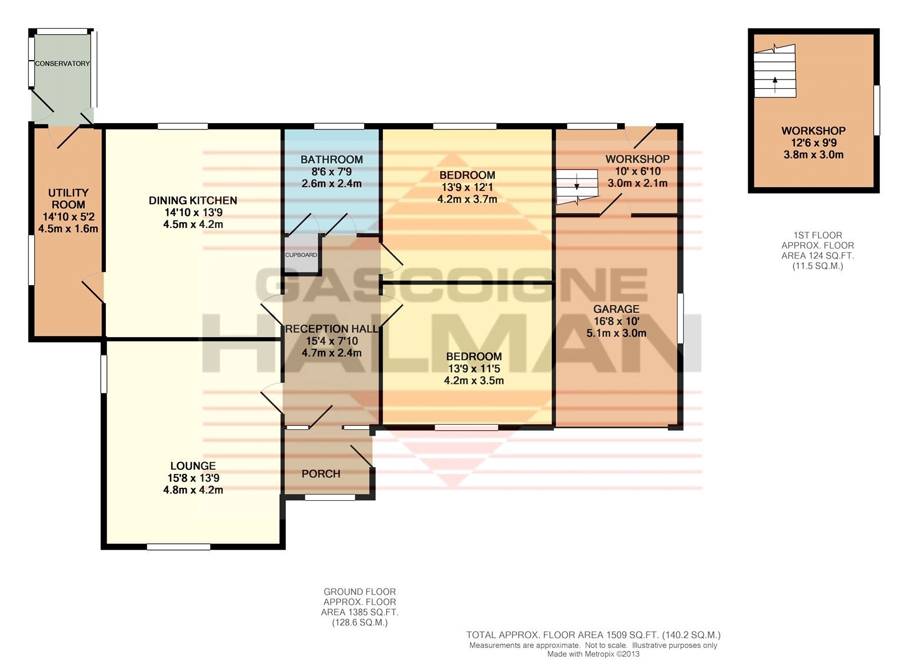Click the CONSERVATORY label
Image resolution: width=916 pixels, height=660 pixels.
[x=62, y=64]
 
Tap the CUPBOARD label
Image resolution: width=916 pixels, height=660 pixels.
[x=301, y=255]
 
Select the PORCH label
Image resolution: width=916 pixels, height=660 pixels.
[x=321, y=474]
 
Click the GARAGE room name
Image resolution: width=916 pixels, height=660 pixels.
[x=616, y=309]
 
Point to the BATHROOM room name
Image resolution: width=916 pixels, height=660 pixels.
[x=331, y=160]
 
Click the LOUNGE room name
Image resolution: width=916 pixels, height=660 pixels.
[x=193, y=466]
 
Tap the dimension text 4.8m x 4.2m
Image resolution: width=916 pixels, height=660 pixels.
[x=193, y=490]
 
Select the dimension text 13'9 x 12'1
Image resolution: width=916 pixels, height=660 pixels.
[x=467, y=187]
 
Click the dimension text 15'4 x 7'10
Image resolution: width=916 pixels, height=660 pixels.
[x=331, y=341]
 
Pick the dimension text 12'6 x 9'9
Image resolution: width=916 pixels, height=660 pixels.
[x=814, y=143]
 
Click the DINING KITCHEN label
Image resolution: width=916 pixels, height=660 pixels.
[x=193, y=200]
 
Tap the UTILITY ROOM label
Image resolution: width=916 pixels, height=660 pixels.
[x=68, y=199]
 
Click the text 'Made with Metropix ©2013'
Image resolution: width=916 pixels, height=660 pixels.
[x=593, y=654]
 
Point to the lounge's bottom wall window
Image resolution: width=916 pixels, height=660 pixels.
[x=179, y=546]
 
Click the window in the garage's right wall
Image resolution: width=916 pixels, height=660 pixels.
[x=681, y=318]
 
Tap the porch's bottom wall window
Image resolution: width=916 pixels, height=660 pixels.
[x=330, y=497]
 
